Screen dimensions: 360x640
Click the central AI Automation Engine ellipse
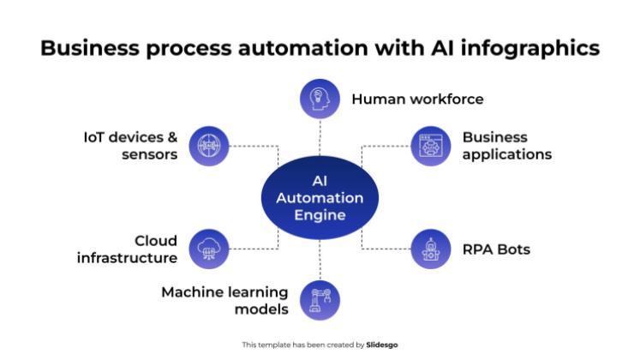(x=320, y=198)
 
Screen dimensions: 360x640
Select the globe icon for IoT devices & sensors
(x=208, y=146)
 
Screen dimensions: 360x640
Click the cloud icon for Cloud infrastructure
(x=208, y=249)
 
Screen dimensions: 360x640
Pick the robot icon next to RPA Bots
(x=431, y=249)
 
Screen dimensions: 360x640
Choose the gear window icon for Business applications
(x=431, y=146)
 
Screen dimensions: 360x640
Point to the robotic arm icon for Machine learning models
(x=320, y=300)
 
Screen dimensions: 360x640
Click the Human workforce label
(x=417, y=99)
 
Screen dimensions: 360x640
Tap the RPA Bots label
(x=496, y=249)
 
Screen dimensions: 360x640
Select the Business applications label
(x=506, y=146)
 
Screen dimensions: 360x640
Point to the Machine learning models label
(x=224, y=300)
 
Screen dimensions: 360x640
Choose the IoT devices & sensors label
(x=130, y=146)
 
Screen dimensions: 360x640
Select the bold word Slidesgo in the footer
(x=382, y=345)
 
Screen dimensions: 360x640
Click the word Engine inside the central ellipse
(x=320, y=215)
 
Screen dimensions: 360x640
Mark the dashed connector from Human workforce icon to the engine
(x=320, y=137)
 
